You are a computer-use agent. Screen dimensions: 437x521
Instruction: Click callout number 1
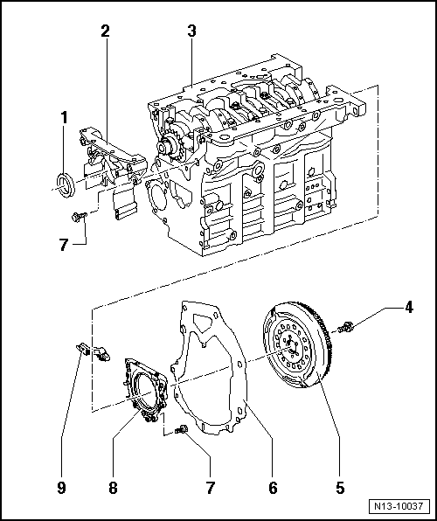click(64, 118)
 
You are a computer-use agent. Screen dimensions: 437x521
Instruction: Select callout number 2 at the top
click(105, 31)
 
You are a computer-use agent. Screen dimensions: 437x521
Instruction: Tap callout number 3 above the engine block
click(191, 31)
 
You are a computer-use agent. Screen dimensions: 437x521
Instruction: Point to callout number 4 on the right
click(409, 307)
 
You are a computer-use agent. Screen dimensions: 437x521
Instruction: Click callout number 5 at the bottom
click(340, 488)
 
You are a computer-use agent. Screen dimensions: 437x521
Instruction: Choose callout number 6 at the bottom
click(273, 488)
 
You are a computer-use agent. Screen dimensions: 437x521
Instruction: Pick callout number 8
click(113, 488)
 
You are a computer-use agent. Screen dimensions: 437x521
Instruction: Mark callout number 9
click(61, 488)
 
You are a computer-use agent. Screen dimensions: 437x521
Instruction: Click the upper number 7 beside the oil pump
click(64, 246)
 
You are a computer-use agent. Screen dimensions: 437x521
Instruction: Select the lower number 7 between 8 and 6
click(210, 488)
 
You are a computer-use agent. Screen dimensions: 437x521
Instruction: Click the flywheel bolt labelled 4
click(345, 327)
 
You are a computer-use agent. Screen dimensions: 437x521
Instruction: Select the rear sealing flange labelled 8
click(145, 389)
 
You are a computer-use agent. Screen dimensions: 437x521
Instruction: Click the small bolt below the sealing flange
click(181, 430)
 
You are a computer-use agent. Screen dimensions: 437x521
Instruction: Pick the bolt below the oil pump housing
click(80, 217)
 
